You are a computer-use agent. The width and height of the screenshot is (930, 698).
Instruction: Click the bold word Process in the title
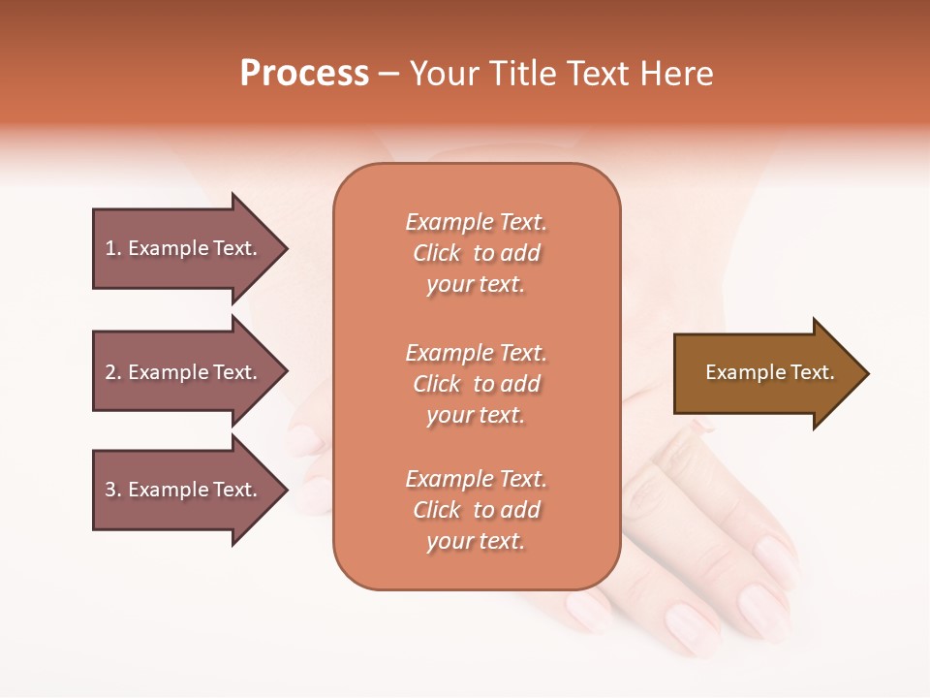(x=304, y=74)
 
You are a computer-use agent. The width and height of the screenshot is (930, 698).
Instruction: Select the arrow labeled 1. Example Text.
(x=184, y=248)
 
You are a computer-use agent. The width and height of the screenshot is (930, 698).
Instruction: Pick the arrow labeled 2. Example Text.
(x=184, y=372)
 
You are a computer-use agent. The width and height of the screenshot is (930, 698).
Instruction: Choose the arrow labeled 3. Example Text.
(x=184, y=490)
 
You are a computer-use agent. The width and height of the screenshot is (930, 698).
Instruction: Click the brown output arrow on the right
(x=765, y=373)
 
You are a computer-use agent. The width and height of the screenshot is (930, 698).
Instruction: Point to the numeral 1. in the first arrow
(x=113, y=248)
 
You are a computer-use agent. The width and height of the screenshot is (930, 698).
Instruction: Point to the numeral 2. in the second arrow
(x=113, y=372)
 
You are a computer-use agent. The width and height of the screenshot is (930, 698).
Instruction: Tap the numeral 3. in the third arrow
(x=113, y=490)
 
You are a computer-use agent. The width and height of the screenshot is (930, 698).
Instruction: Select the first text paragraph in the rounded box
(x=476, y=253)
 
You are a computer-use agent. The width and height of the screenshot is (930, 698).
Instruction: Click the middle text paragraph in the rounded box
(x=476, y=384)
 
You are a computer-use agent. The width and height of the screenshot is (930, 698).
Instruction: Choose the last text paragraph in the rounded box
(x=476, y=510)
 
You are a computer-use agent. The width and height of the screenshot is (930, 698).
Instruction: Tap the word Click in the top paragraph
(x=437, y=253)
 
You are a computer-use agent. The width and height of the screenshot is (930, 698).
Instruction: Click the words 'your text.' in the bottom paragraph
(x=476, y=541)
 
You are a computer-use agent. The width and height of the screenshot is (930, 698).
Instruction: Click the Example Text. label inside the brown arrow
(x=770, y=372)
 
